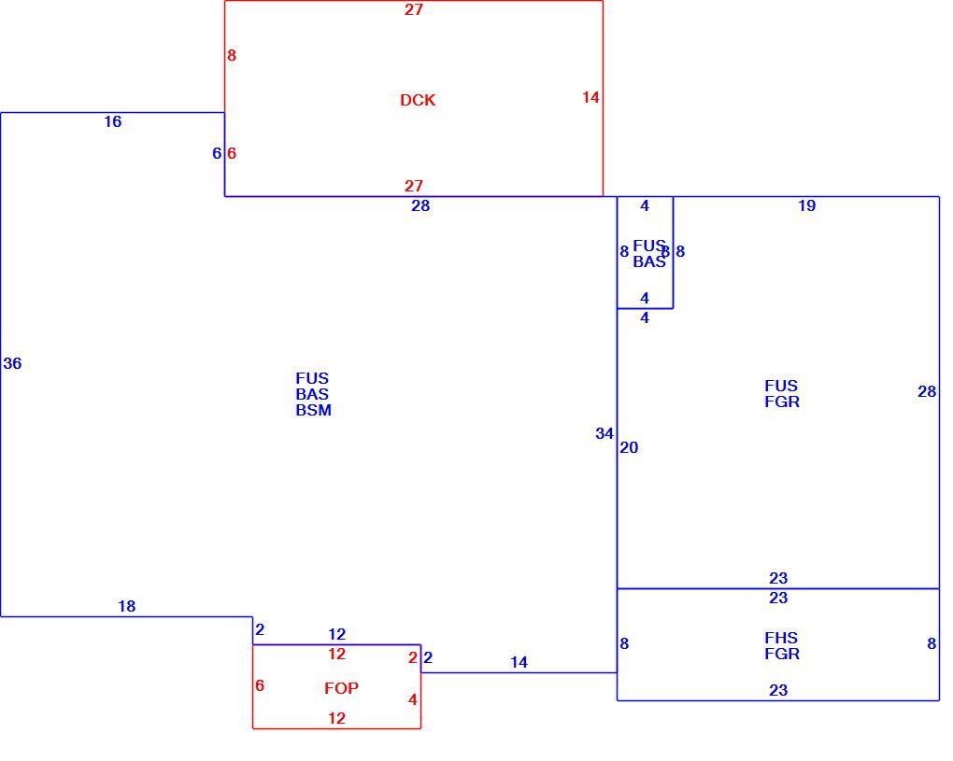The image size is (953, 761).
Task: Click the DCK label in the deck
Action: click(418, 100)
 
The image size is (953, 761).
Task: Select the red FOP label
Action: click(341, 688)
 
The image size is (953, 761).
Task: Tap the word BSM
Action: click(314, 411)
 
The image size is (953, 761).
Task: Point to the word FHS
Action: click(781, 638)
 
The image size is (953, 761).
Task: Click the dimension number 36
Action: click(12, 364)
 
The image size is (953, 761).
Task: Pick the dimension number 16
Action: click(112, 122)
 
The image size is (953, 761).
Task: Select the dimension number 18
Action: click(126, 606)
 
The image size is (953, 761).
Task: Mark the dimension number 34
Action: click(605, 433)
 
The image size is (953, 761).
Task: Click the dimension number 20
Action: click(629, 447)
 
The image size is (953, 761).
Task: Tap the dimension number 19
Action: click(806, 205)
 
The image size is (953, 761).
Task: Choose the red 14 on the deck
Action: click(590, 97)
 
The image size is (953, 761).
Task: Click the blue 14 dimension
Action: click(519, 663)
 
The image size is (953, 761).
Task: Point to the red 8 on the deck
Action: click(232, 55)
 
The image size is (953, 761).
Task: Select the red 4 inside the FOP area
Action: click(413, 699)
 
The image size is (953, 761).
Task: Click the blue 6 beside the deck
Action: click(217, 153)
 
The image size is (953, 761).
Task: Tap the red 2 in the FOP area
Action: click(413, 657)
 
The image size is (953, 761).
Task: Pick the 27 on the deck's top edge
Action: click(413, 9)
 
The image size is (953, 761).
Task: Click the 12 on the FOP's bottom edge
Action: click(336, 718)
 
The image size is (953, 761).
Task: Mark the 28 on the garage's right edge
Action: click(927, 392)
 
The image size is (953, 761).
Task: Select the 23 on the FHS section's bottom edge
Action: click(778, 691)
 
